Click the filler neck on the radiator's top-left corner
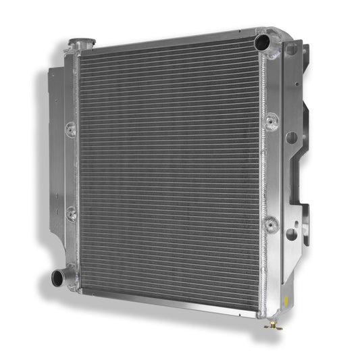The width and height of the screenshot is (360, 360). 81,45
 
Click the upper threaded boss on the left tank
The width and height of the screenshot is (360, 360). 70,128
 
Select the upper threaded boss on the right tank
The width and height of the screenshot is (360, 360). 271,122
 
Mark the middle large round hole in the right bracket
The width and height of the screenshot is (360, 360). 291,138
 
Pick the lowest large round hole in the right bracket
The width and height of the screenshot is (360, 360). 290,234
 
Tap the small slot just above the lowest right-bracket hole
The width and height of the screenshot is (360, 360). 292,215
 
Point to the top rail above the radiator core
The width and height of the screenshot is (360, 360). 169,39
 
